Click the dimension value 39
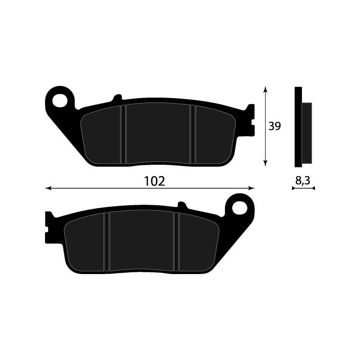(x=274, y=126)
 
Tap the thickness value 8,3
(x=303, y=180)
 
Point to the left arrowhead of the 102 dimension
(x=48, y=188)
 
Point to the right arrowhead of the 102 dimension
(x=252, y=188)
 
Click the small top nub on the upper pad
(x=117, y=97)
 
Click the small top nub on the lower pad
(x=182, y=204)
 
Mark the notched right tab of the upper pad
(x=250, y=118)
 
